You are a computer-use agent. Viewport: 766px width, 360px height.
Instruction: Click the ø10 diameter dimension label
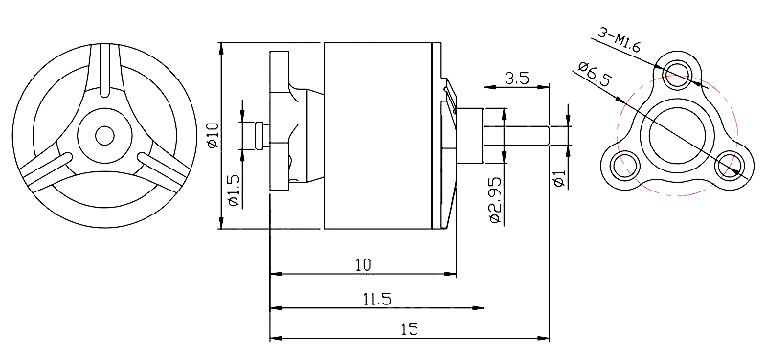click(213, 135)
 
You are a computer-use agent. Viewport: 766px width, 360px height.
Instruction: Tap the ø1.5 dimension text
click(234, 191)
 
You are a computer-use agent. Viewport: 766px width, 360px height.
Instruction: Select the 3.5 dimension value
click(517, 79)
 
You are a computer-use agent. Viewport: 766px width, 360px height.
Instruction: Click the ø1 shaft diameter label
click(559, 179)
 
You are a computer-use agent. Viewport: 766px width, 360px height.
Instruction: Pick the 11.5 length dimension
click(376, 299)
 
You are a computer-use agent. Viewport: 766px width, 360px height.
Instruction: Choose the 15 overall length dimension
click(410, 329)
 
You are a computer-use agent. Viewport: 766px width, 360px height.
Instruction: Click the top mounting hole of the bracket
click(677, 75)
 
